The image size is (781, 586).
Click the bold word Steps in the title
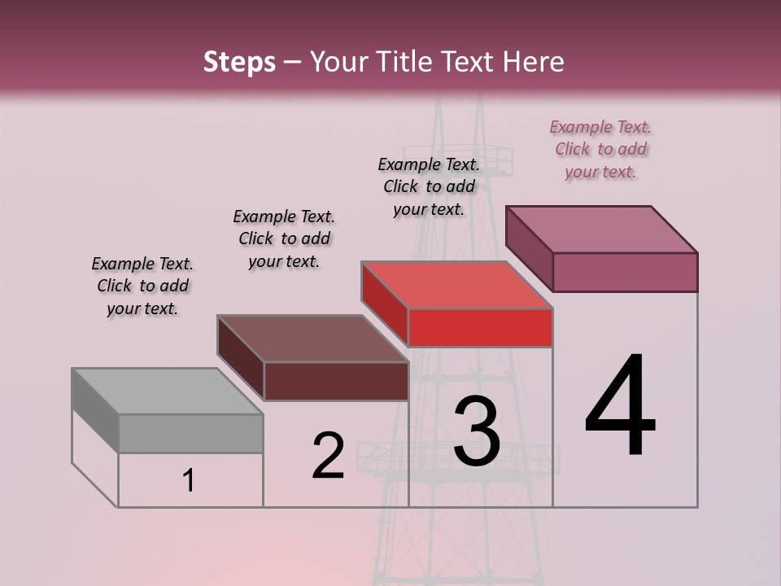click(x=239, y=62)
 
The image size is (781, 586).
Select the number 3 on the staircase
click(x=477, y=431)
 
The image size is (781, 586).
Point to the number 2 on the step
click(x=328, y=456)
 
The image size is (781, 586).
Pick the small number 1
click(x=188, y=481)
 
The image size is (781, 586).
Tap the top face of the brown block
click(x=312, y=338)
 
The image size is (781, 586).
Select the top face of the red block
click(x=456, y=285)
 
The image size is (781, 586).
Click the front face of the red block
click(x=480, y=328)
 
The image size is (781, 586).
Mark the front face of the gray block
click(x=190, y=433)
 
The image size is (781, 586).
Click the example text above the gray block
click(x=142, y=286)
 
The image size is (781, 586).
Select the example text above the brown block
click(x=284, y=238)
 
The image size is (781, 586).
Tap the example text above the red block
click(x=429, y=186)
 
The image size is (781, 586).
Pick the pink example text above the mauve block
click(x=600, y=149)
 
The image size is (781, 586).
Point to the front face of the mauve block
click(x=625, y=272)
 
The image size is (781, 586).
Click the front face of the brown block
click(x=336, y=381)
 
